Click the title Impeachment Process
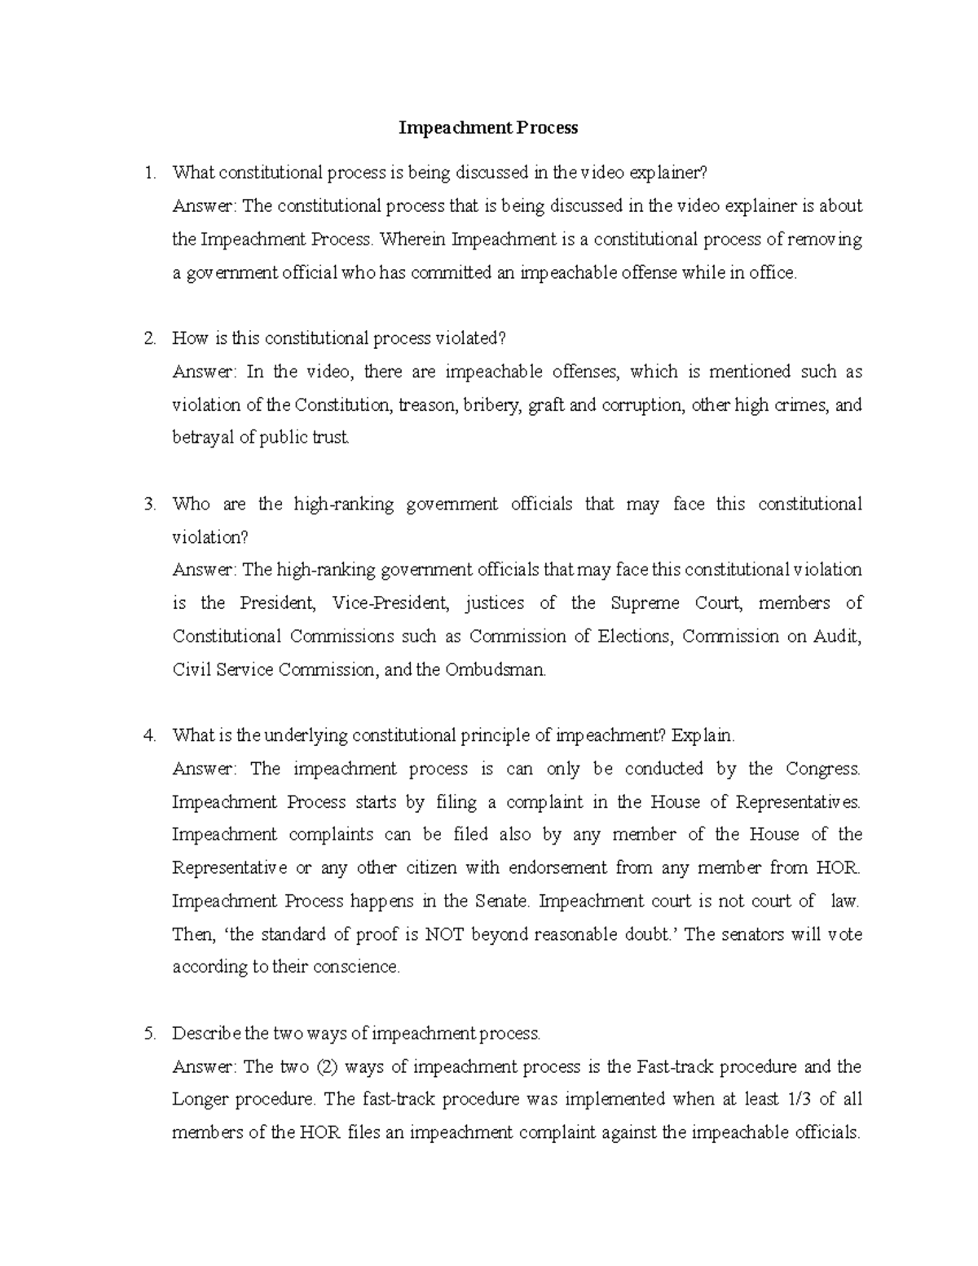(x=488, y=128)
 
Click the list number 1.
(x=148, y=173)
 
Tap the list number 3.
(x=148, y=505)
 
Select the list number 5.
(x=148, y=1034)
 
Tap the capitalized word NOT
(x=444, y=934)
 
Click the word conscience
(x=358, y=968)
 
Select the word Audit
(x=837, y=637)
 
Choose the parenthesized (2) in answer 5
(x=327, y=1067)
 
